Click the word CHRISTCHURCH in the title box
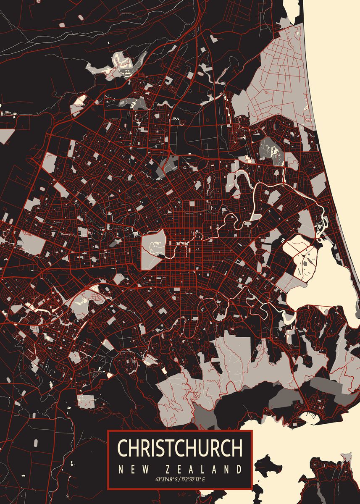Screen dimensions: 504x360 point(180,448)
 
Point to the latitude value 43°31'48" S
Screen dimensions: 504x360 point(166,479)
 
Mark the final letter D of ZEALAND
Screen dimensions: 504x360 point(239,469)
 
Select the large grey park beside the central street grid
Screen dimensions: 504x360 point(153,249)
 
